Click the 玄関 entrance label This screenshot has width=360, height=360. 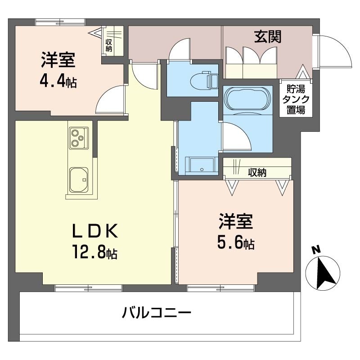coord(268,37)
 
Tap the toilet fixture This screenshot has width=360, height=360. coord(204,80)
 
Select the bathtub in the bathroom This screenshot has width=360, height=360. coord(246,99)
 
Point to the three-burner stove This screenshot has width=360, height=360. coord(78,138)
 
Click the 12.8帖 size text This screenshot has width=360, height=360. coord(95,252)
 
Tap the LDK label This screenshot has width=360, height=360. coord(95,230)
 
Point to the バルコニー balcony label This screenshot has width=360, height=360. coord(157,312)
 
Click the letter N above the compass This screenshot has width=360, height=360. coord(316,250)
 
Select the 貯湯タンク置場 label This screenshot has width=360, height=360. coord(296,99)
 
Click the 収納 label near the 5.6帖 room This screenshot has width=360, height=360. coord(257,172)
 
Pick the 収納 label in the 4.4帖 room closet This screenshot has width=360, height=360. coord(108,45)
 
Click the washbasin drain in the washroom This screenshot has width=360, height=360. coord(202,170)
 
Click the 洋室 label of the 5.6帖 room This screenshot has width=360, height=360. coord(236,221)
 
